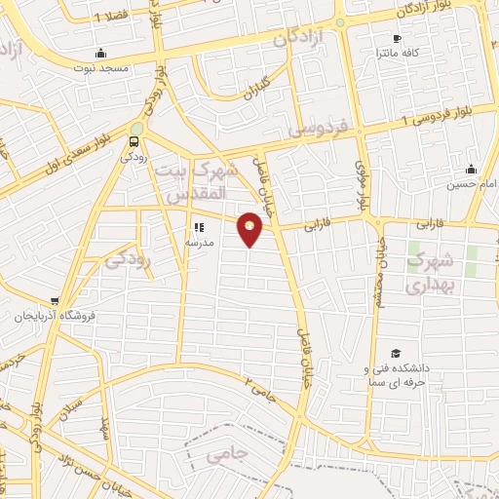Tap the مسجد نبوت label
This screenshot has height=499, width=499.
101,68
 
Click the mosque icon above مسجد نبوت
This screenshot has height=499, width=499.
100,54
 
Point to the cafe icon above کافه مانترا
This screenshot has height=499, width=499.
396,39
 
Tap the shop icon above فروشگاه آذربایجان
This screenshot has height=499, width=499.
56,301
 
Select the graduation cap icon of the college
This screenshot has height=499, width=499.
396,353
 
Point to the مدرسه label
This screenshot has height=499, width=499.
199,243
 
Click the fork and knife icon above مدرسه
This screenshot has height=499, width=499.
199,228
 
